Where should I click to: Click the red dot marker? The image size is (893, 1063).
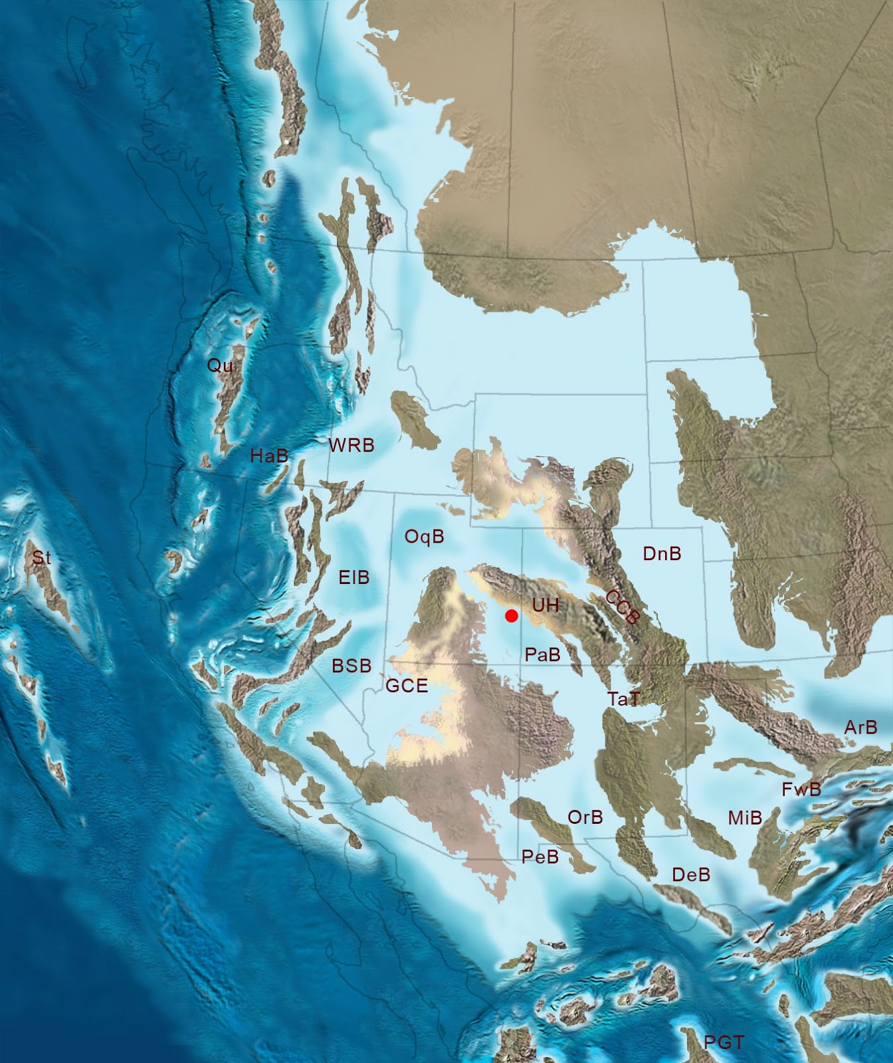click(x=511, y=616)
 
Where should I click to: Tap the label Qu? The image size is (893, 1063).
click(x=220, y=365)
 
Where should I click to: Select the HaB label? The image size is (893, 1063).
click(x=269, y=456)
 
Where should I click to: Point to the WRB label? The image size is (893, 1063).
click(x=351, y=445)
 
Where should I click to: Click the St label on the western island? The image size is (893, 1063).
click(x=41, y=558)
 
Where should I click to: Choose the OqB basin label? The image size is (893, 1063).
click(x=424, y=537)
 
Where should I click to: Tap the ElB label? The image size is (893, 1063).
click(x=353, y=577)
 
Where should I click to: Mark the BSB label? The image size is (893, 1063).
click(x=351, y=666)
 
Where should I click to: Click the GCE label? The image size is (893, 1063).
click(x=407, y=686)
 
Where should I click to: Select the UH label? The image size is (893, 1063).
click(x=546, y=605)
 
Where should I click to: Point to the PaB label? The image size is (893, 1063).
click(x=542, y=655)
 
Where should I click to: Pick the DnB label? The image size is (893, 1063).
click(x=662, y=553)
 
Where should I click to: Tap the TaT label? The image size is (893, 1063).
click(x=624, y=698)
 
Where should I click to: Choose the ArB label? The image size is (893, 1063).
click(x=860, y=727)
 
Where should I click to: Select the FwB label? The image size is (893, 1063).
click(x=801, y=789)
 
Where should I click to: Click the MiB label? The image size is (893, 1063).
click(x=745, y=818)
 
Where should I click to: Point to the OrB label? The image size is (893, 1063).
click(x=585, y=817)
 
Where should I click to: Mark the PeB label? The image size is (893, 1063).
click(x=540, y=857)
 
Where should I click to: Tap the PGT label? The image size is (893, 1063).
click(x=724, y=1043)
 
